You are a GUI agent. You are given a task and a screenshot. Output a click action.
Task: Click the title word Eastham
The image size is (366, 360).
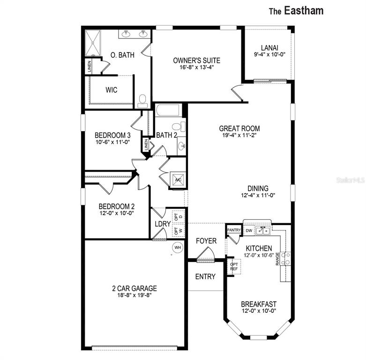coord(304,11)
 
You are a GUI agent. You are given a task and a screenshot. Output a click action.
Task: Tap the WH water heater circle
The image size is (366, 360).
coord(178,247)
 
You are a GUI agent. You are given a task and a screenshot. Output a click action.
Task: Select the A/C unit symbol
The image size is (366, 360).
coord(178,180)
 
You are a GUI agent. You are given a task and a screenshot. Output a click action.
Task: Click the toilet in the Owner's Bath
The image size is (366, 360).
coord(142,101)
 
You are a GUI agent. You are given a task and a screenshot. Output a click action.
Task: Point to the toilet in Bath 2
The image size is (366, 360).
coord(179,127)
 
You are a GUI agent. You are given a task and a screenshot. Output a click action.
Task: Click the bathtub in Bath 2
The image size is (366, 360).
coord(168,110)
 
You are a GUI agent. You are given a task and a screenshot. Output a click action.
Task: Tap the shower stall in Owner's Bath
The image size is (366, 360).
coord(93,43)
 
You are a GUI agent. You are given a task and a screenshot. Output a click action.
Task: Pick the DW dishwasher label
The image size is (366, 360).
coord(249,231)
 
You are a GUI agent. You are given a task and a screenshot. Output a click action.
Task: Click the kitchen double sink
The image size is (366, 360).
coord(263,231)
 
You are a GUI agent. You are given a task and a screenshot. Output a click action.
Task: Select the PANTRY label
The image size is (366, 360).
coord(234,230)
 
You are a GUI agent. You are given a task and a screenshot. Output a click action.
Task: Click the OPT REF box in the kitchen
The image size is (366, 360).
coord(234,266)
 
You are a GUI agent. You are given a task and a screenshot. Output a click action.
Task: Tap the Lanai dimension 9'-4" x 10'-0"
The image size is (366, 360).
coord(269,54)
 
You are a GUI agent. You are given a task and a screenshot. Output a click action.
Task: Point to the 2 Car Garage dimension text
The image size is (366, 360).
coord(134,295)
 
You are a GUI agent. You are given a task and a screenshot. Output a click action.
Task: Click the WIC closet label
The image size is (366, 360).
coord(112,90)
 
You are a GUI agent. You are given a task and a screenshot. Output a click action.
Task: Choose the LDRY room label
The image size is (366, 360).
coord(163,224)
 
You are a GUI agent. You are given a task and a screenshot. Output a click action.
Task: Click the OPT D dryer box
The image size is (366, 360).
coord(178,217)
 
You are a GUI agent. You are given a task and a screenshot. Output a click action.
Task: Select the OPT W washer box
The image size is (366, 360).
coord(178,231)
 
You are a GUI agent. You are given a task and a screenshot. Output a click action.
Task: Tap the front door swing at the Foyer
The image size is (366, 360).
coord(206,255)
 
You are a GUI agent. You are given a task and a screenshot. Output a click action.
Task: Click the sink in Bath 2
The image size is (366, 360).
coord(181,146)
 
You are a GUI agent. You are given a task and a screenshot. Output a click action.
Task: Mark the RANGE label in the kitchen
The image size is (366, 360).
coord(277,259)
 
